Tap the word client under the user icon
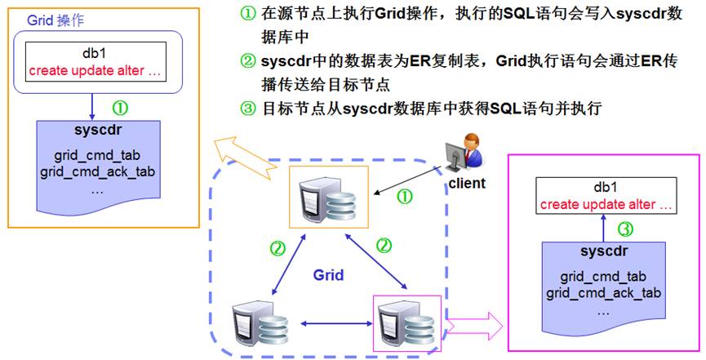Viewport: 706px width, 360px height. coord(466,184)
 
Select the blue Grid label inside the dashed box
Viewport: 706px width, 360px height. coord(328,275)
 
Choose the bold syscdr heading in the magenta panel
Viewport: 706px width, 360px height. coord(603,251)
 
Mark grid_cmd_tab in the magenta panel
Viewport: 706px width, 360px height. coord(603,277)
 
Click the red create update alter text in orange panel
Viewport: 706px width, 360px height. coord(95,71)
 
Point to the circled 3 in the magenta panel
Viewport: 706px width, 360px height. coord(624,229)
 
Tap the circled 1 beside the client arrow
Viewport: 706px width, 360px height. coord(403,196)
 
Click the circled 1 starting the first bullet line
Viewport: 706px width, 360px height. coord(247,15)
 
